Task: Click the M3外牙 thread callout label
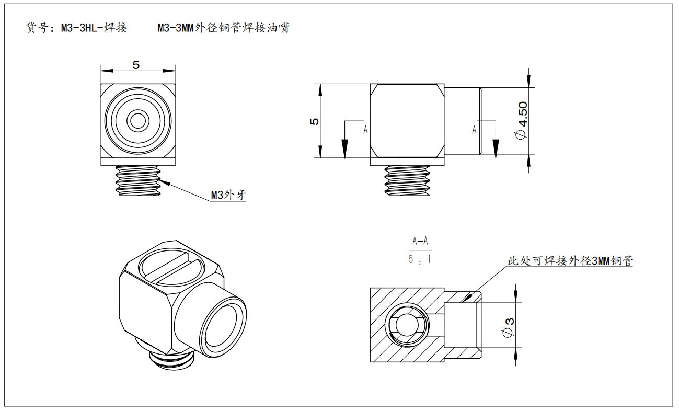228,196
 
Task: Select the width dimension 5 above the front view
136,65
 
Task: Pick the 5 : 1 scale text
420,258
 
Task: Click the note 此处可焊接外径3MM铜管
570,261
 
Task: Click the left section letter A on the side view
365,130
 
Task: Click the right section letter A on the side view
474,130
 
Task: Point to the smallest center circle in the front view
138,121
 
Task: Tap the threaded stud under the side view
407,180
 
